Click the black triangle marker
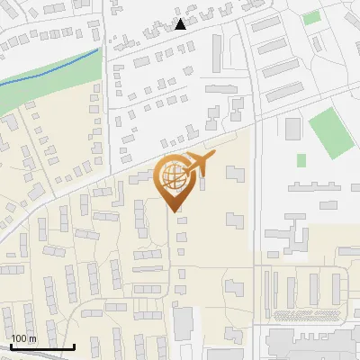(181, 24)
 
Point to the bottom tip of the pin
(174, 211)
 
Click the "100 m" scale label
(23, 338)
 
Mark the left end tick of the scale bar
(12, 346)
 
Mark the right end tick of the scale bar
(74, 346)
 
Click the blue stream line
(54, 70)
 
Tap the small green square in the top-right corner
(311, 17)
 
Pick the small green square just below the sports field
(301, 159)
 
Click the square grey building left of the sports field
(292, 127)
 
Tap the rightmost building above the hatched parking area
(336, 288)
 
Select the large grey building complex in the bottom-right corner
(310, 344)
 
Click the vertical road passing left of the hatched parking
(258, 297)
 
